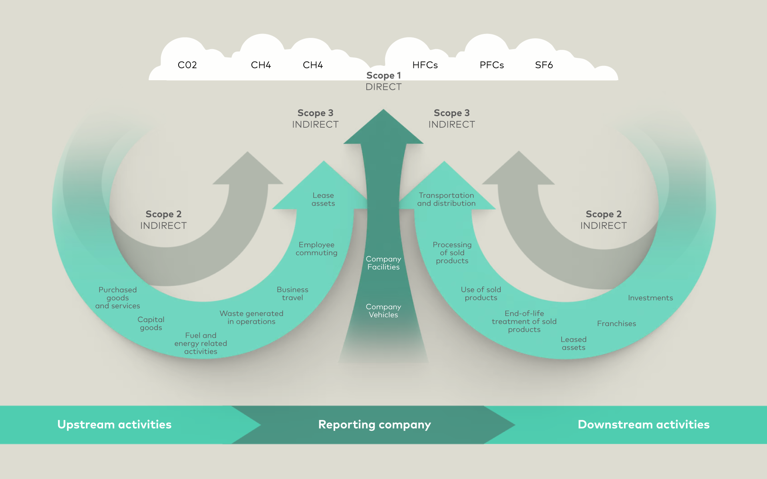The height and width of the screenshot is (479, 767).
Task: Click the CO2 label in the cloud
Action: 187,65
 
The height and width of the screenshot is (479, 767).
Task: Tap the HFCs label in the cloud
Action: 425,65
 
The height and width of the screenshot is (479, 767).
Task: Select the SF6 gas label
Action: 544,65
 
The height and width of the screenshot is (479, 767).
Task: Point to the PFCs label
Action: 492,65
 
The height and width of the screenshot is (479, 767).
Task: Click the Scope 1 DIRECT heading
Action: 383,81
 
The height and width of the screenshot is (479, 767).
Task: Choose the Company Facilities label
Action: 383,263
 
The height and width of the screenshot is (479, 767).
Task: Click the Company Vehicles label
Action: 383,311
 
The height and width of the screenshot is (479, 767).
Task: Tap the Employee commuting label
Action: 316,249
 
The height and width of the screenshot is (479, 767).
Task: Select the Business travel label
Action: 292,294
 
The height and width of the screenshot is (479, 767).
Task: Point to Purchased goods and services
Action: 117,298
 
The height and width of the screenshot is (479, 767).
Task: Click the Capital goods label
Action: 151,324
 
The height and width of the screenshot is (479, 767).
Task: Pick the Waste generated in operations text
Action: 251,318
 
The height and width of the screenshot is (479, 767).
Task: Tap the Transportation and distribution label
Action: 446,199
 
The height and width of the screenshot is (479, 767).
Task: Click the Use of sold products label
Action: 481,294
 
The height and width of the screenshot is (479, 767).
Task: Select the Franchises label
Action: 616,324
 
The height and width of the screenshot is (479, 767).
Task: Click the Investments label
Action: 650,298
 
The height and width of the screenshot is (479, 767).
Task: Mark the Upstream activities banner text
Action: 114,424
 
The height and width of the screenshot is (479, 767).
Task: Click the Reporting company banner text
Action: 374,424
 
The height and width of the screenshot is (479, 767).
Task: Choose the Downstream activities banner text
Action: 644,424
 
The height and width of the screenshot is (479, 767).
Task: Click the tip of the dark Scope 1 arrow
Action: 383,111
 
